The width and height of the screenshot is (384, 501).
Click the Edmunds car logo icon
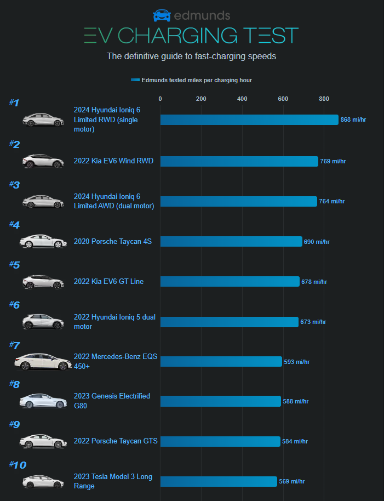tap(162, 15)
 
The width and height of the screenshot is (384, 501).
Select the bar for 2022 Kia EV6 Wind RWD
tap(239, 161)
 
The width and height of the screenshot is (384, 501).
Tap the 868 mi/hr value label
tap(353, 120)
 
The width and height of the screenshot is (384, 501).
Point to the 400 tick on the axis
tap(242, 99)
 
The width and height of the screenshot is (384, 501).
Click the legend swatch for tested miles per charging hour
tap(135, 80)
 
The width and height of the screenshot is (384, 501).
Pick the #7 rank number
tap(15, 345)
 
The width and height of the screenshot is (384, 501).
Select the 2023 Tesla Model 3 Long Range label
tap(113, 482)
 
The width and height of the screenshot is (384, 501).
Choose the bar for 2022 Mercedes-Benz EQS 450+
tap(221, 362)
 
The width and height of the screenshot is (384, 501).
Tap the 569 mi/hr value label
tap(291, 482)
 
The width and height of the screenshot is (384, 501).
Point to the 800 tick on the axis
tap(324, 99)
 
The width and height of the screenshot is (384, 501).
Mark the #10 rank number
tap(18, 465)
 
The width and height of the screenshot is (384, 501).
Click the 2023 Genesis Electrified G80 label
tap(112, 401)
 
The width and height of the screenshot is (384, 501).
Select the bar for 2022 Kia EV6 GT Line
tap(230, 282)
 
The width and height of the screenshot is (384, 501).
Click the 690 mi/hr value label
tap(317, 242)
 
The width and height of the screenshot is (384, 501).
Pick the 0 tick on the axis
tap(160, 99)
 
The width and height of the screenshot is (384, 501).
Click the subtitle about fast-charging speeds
tap(191, 56)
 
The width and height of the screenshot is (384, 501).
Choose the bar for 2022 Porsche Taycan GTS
tap(220, 442)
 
